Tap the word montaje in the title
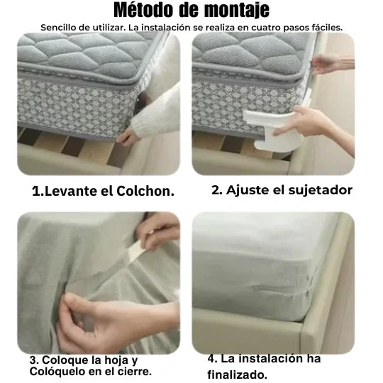click(x=237, y=11)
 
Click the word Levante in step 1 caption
click(x=72, y=191)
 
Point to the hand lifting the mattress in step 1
click(x=126, y=138)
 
